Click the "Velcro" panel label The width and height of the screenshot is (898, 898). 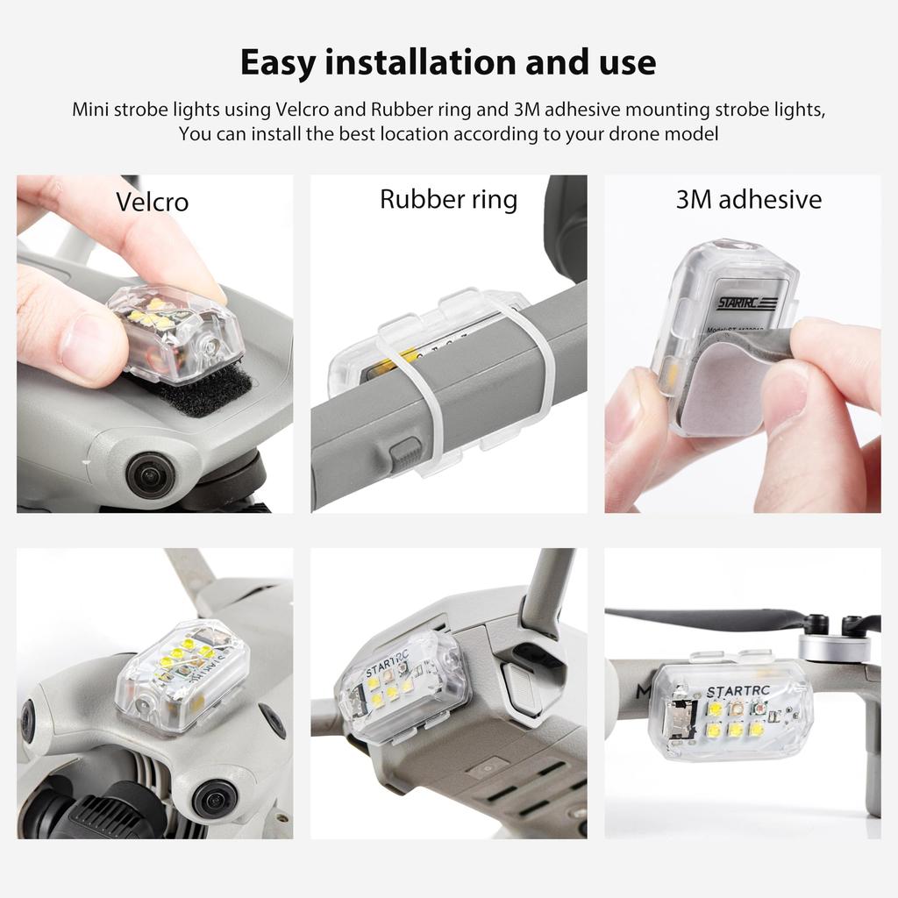click(152, 202)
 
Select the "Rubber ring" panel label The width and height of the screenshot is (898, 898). click(448, 199)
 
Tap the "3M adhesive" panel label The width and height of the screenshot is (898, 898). click(748, 199)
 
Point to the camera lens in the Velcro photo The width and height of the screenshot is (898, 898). click(151, 474)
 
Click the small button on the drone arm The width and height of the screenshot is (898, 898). click(404, 453)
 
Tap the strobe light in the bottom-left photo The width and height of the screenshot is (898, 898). click(182, 676)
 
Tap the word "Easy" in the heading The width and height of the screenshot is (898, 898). click(279, 63)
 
